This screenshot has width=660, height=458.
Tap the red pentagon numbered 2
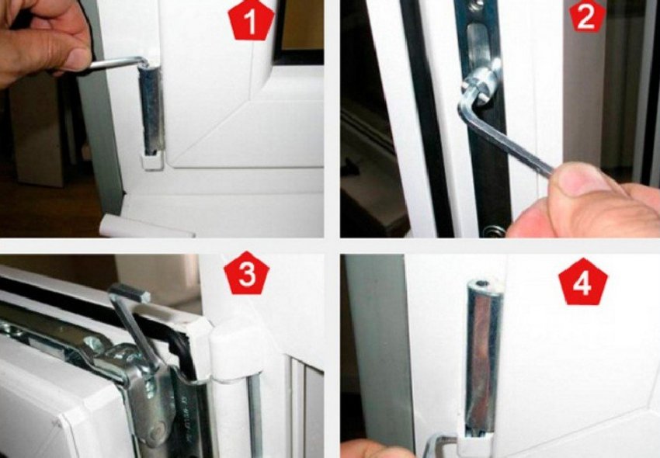coord(587,16)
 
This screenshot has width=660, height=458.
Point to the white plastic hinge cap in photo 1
coord(152,161)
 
